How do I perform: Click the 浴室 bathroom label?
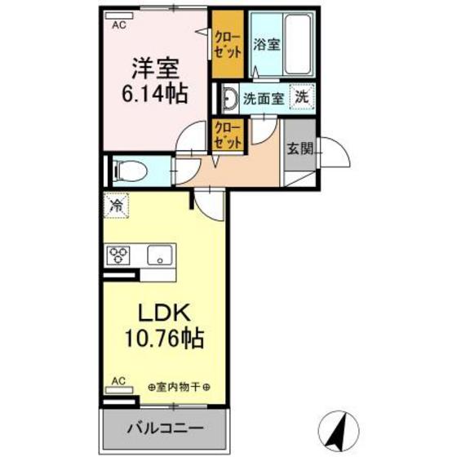click(267, 46)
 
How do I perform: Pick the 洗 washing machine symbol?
click(302, 98)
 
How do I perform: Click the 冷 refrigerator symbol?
click(117, 206)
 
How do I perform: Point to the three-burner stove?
click(118, 255)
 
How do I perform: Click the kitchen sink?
click(160, 255)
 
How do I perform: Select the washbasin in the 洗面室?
click(229, 99)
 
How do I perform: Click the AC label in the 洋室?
click(119, 24)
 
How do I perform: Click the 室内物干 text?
click(178, 386)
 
